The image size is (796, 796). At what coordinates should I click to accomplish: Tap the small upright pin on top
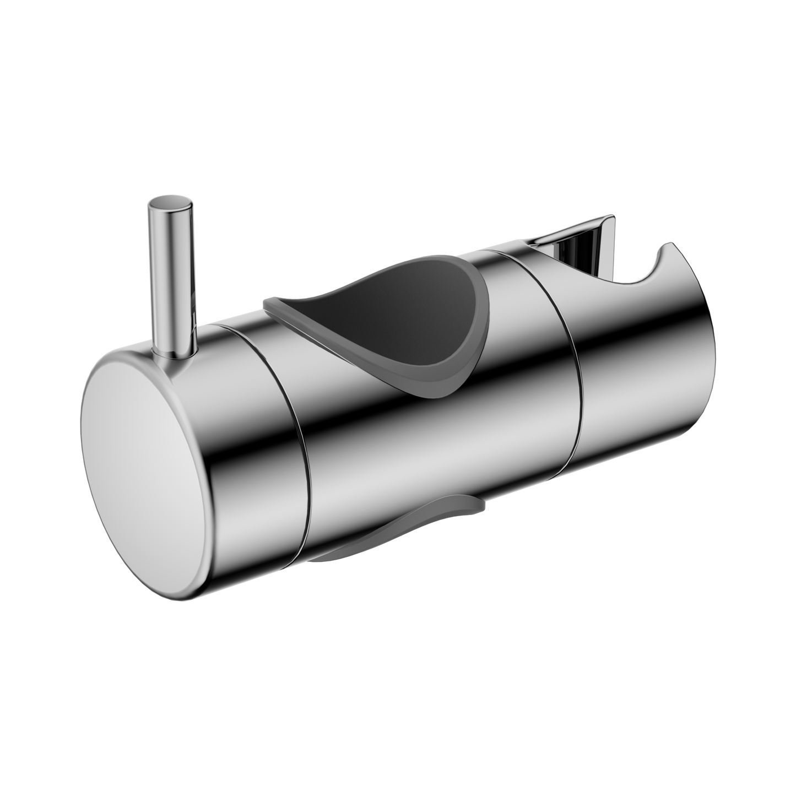click(171, 275)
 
